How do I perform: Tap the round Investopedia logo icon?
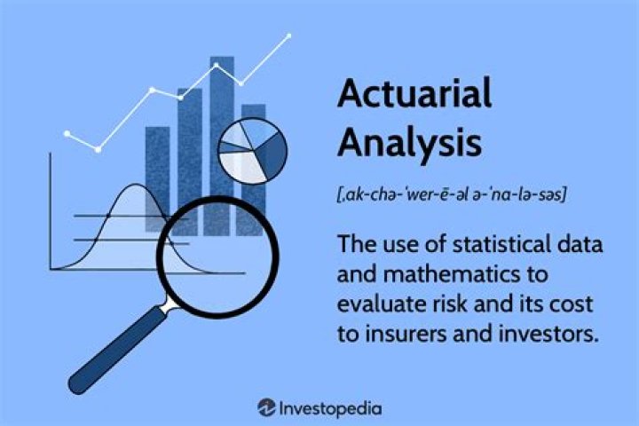click(x=265, y=407)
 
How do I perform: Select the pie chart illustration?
click(x=253, y=151)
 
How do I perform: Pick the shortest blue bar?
click(x=157, y=177)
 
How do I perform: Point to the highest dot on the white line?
click(x=289, y=36)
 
